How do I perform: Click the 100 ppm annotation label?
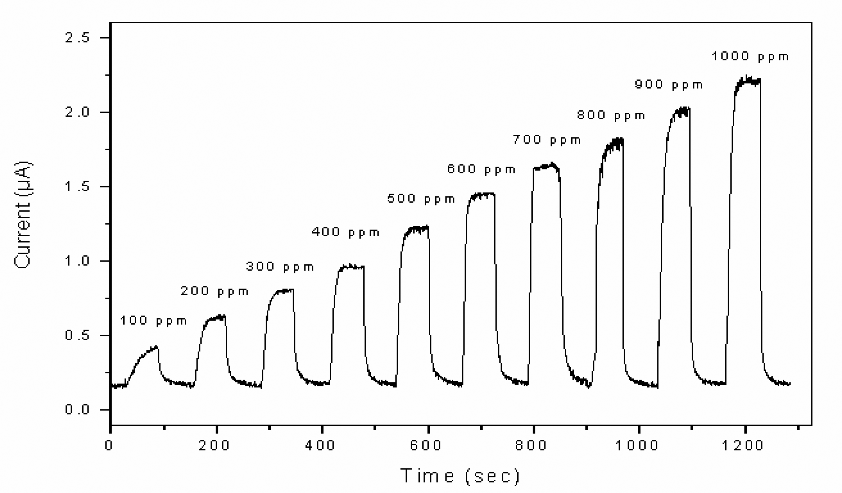point(153,321)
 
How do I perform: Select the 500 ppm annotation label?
point(421,199)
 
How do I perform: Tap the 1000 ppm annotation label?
point(750,56)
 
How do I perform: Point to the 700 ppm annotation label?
point(547,140)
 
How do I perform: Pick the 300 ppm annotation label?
point(280,267)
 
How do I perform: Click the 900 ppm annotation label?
point(669,85)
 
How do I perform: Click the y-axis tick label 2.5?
point(77,38)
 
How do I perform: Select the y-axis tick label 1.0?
point(77,261)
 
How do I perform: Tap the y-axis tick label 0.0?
point(77,409)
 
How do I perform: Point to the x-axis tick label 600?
point(426,446)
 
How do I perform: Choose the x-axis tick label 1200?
point(743,446)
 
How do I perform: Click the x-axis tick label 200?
point(214,446)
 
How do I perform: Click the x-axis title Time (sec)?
point(460,476)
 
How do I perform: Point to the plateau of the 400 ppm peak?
point(351,267)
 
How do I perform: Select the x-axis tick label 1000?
point(637,446)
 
